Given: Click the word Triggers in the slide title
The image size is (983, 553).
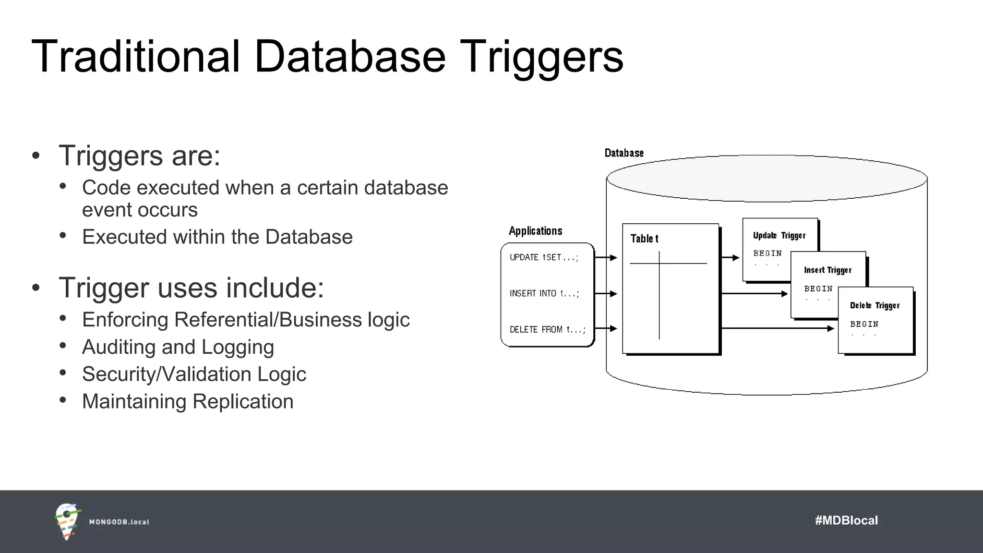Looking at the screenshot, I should [541, 57].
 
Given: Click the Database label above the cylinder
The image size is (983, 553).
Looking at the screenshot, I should [624, 153].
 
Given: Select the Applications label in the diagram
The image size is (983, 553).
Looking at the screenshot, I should [535, 231].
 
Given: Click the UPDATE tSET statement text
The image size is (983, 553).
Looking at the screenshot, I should [544, 257].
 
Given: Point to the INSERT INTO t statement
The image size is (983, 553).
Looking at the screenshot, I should [544, 293].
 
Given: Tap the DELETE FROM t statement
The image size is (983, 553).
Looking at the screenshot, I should [547, 329].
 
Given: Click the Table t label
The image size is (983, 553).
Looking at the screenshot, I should [644, 239].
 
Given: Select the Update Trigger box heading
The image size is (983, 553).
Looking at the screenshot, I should [779, 235].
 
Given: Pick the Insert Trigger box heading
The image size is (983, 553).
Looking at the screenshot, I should [827, 270].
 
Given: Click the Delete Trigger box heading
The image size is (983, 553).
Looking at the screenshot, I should [875, 305].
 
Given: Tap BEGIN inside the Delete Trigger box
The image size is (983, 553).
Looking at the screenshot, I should [864, 324].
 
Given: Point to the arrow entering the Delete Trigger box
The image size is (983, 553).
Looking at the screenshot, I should [778, 328].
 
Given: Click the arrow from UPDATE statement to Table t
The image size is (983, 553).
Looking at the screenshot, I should [606, 258].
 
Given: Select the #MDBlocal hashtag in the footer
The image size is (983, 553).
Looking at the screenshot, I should [846, 520].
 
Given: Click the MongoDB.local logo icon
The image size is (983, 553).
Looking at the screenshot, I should [67, 521].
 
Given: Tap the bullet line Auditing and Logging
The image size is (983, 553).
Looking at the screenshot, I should [178, 347].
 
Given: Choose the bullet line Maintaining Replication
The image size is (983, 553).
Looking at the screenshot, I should [187, 401].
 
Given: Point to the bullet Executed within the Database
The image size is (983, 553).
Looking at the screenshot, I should [217, 237].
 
